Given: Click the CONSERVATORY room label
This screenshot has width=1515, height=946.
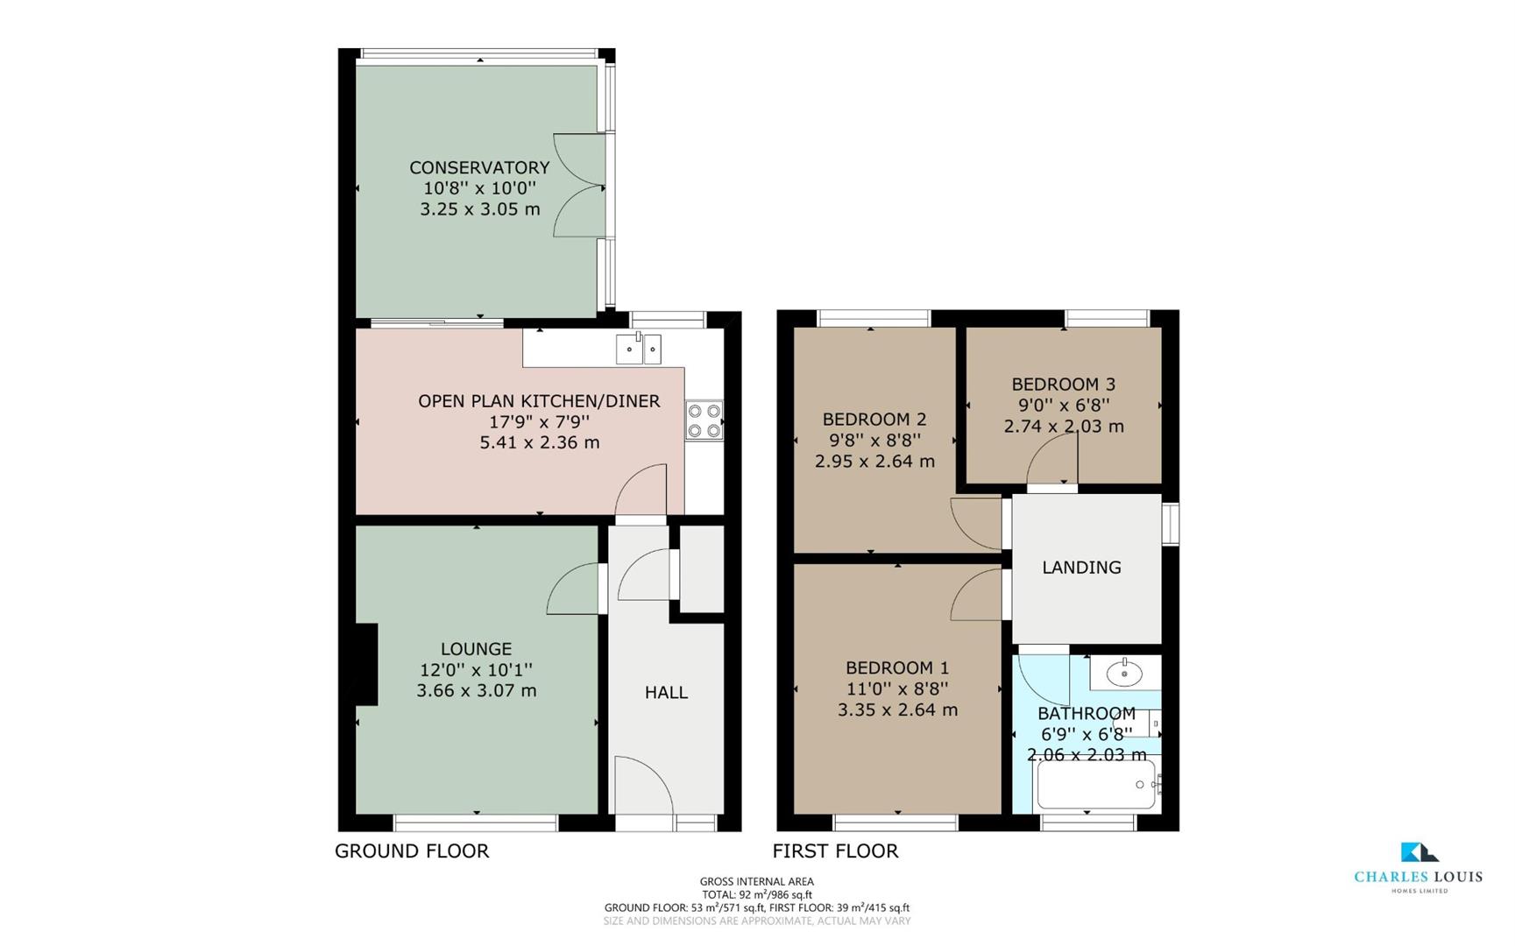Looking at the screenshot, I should coord(479,167).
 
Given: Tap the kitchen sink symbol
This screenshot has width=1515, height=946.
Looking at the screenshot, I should coord(639,349).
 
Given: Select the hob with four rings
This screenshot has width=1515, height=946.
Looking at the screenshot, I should coord(704,420).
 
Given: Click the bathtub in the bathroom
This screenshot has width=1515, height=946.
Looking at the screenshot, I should coord(1096,784).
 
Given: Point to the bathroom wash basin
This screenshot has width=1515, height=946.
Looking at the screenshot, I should coord(1124,673).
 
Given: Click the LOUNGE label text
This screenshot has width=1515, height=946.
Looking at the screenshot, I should coord(476,649).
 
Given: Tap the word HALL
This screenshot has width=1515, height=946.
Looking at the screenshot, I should coord(666,693).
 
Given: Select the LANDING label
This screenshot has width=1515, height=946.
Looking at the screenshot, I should coord(1081,568).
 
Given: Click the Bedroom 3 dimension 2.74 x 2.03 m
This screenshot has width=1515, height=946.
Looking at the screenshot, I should coord(1063,427).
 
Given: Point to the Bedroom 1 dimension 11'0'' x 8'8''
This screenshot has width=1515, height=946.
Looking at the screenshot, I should coord(897,689).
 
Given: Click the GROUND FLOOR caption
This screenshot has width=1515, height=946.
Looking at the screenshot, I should coord(412,851).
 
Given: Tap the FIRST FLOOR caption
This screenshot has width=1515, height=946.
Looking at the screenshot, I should coord(835,851).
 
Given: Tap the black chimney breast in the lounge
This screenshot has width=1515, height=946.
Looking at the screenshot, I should coord(365,663).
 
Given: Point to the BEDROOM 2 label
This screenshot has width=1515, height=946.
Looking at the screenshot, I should coord(874,419).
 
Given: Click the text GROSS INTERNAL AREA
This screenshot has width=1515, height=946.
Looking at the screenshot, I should coord(756,881).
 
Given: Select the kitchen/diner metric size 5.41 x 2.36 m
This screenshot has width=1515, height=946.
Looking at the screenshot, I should coord(539,442).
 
